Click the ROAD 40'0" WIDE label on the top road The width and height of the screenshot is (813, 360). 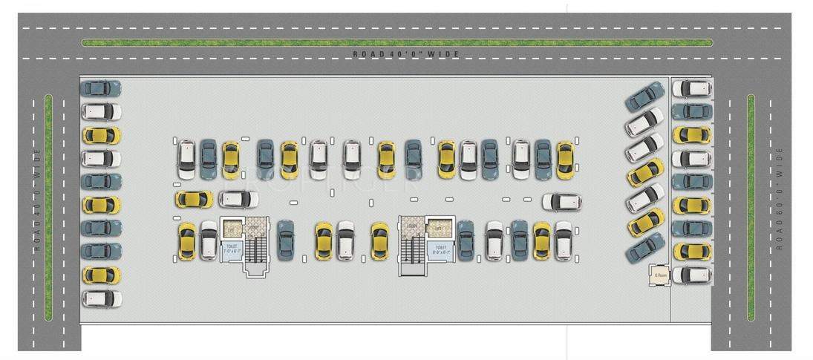[407, 54]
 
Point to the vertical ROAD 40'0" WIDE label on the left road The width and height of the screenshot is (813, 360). [34, 201]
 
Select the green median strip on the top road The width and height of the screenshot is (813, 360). [397, 42]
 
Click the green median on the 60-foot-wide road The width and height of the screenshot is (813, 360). [751, 207]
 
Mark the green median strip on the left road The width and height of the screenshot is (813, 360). [48, 207]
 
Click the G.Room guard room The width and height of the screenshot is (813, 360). [659, 275]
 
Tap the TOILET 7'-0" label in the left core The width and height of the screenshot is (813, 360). [230, 249]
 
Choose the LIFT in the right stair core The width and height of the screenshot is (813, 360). [437, 226]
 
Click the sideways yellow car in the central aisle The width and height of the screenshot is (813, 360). [194, 199]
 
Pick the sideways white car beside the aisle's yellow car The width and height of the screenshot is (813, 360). [238, 199]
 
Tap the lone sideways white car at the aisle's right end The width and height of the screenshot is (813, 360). [561, 202]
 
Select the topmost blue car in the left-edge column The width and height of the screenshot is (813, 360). [101, 88]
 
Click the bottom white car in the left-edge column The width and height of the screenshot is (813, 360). [101, 298]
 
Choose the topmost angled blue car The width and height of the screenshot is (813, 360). [644, 96]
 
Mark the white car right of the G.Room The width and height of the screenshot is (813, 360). [692, 275]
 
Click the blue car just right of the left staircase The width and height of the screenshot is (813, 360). [285, 240]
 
